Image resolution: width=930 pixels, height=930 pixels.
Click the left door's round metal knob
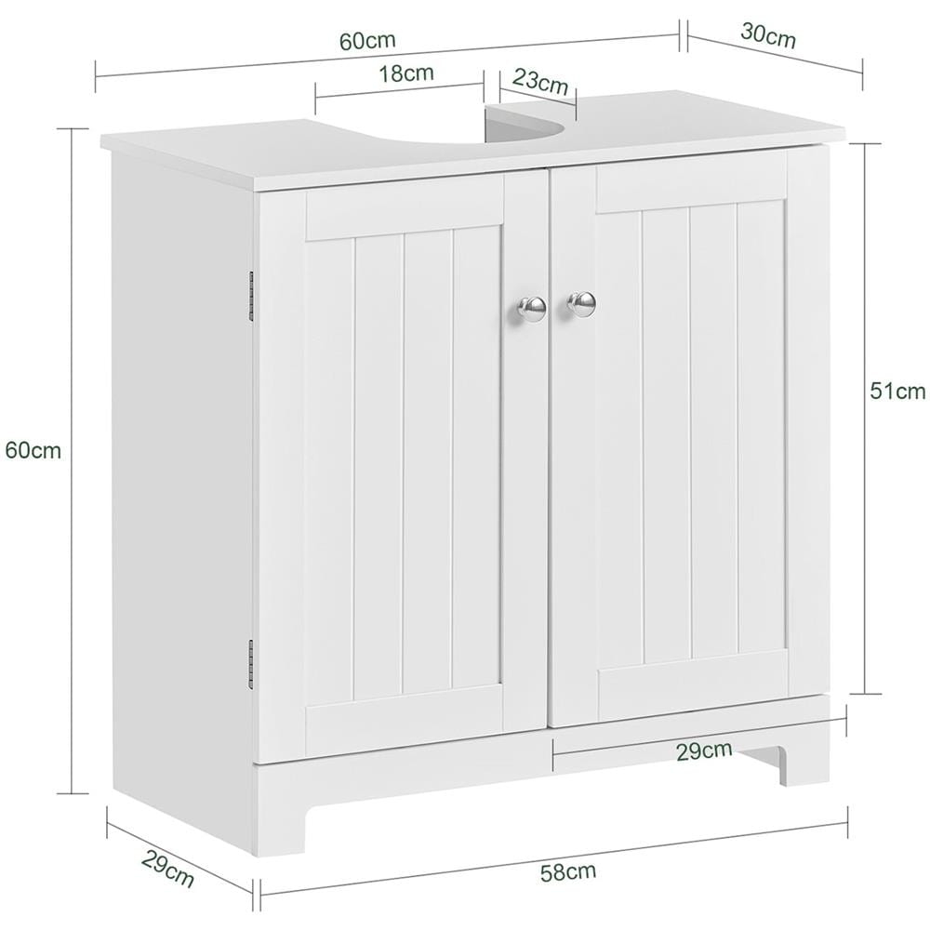532,307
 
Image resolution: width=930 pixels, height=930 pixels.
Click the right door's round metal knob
582,304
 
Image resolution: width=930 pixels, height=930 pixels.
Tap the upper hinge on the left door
251,294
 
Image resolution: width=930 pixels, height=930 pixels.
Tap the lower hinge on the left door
251,664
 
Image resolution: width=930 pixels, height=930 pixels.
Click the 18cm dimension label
406,73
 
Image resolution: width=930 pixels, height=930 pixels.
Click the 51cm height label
897,391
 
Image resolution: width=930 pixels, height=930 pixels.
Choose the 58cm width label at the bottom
568,872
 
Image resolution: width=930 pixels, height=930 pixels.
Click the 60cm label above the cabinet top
367,41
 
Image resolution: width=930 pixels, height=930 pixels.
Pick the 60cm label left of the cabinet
33,451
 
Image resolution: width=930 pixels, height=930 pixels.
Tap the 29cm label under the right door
705,751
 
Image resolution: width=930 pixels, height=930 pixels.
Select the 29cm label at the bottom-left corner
167,869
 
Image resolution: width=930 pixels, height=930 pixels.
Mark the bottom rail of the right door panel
693,685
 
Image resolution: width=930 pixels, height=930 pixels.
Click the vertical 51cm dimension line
865,418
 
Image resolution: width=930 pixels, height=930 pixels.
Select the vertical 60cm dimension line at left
73,460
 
